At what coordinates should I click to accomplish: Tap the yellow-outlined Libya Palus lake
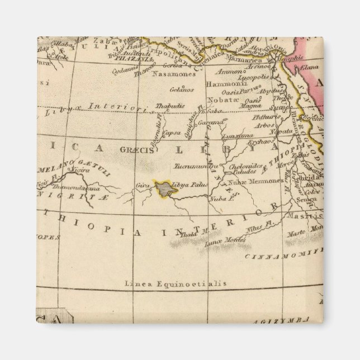[167, 188]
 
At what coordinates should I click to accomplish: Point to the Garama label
[214, 121]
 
